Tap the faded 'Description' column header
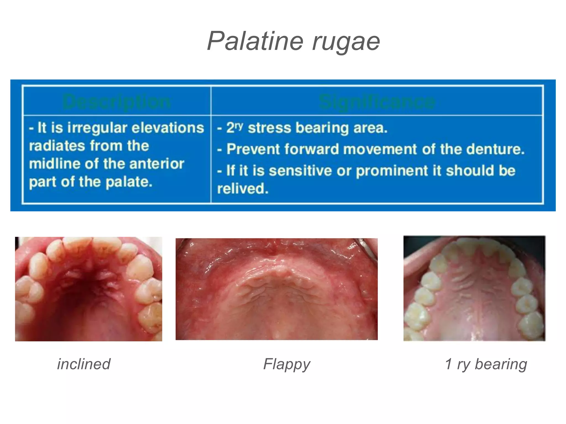[x=116, y=101]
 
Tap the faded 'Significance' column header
[x=377, y=101]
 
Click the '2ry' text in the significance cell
[x=234, y=128]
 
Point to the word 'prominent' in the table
[x=392, y=171]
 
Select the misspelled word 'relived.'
[x=243, y=189]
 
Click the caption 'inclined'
[x=84, y=364]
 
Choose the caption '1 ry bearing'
[x=486, y=364]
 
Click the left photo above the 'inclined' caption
[x=88, y=289]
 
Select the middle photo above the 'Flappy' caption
[x=276, y=289]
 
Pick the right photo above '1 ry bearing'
[x=474, y=288]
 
